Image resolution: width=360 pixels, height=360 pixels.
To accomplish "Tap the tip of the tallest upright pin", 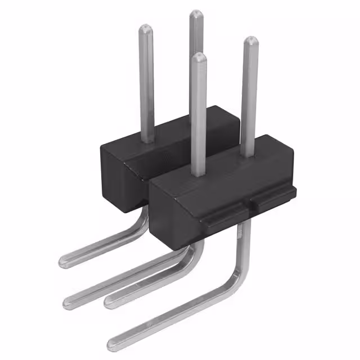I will click(196, 14).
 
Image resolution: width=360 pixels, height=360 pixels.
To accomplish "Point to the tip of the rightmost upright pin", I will click(250, 41).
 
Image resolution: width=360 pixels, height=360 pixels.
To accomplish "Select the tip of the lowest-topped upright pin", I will click(197, 57).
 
